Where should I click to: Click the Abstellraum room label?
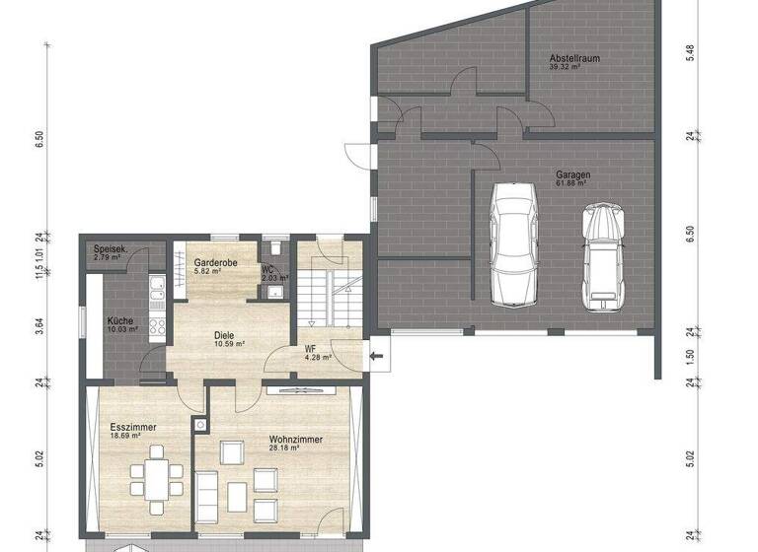coord(575,59)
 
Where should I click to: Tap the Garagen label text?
coord(572,173)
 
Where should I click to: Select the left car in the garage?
coord(513,235)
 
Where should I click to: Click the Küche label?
coord(121,320)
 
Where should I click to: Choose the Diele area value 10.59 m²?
coord(229,344)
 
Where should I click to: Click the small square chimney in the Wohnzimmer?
coord(201,425)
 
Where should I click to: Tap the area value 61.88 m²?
coord(572,183)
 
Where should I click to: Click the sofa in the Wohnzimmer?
coord(206,493)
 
